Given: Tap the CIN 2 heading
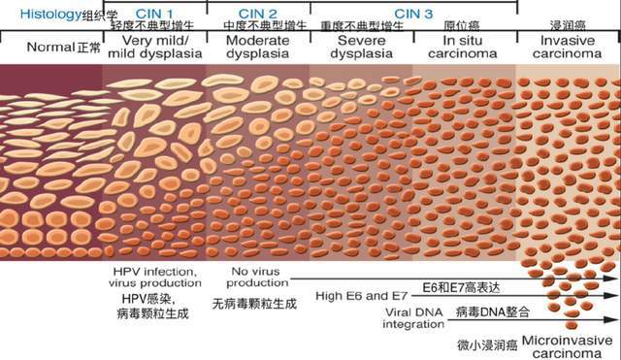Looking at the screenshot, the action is click(258, 11).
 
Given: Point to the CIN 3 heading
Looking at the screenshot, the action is click(414, 11).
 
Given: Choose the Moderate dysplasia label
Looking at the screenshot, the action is click(257, 48).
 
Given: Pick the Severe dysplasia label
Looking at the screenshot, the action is click(362, 48).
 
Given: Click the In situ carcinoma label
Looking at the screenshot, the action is click(465, 48).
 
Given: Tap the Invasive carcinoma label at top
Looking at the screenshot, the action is click(571, 48).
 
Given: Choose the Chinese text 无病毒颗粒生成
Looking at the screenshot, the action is click(254, 304).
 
